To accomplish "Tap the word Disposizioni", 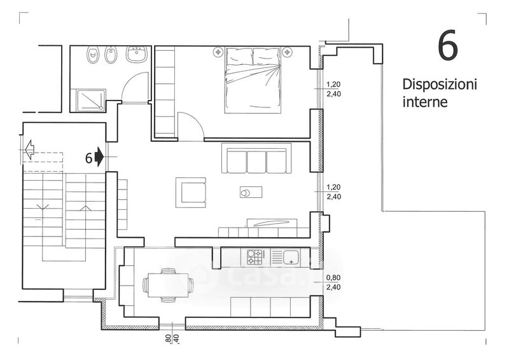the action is pos(439,85).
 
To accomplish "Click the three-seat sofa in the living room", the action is pos(256,159).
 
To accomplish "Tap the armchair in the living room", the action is pos(191,191).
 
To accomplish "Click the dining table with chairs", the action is pos(168,284).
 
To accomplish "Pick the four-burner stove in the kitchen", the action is pos(256,258).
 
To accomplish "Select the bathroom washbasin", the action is pos(137,55).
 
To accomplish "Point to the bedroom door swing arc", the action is pos(190,125).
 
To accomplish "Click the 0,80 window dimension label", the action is pos(333,277).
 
